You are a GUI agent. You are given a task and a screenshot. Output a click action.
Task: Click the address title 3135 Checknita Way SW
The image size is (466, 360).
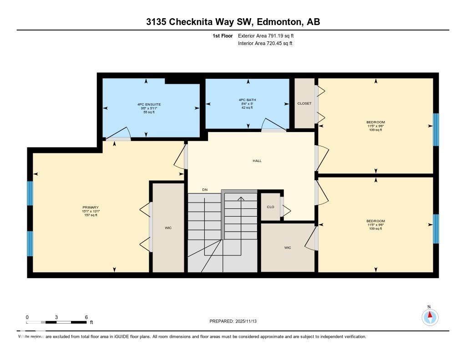233,22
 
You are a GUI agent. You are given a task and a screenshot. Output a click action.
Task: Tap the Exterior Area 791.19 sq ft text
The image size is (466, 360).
269,35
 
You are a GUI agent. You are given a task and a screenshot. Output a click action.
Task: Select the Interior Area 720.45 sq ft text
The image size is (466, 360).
265,44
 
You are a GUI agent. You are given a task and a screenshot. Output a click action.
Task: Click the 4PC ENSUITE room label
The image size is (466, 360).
149,104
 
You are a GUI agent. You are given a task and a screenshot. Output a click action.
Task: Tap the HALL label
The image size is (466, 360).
257,161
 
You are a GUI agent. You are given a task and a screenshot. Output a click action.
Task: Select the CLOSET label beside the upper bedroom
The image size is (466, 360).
304,103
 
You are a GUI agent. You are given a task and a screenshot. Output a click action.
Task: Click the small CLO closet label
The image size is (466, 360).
270,207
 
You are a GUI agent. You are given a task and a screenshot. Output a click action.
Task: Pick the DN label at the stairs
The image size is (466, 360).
205,190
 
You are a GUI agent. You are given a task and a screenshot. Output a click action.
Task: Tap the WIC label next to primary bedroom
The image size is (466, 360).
168,228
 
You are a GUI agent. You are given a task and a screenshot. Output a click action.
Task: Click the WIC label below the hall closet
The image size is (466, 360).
288,248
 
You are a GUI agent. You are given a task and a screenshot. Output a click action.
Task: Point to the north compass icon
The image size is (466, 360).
430,316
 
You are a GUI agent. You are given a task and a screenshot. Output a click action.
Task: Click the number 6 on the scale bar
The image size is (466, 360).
86,317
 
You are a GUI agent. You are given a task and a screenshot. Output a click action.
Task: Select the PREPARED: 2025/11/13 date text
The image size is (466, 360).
236,321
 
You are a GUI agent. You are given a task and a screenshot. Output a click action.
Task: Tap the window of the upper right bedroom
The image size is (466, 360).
436,129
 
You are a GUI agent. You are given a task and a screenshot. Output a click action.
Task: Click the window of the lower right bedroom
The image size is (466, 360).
436,229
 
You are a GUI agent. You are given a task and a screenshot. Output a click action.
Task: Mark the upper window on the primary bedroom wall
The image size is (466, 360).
30,193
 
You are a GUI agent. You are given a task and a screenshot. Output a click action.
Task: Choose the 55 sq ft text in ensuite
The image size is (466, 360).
149,112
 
